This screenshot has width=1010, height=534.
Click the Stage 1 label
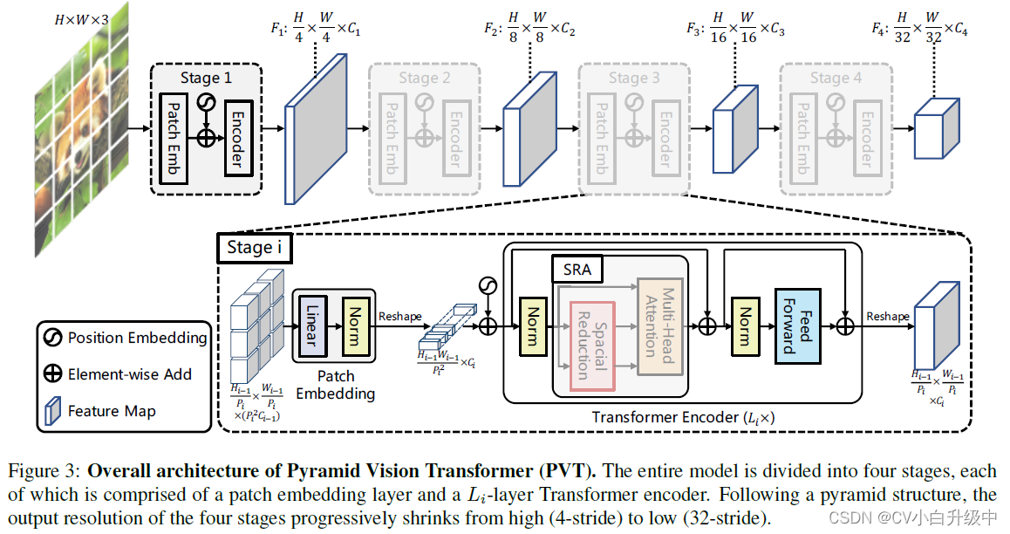(x=207, y=78)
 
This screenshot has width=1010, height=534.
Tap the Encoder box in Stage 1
(x=235, y=138)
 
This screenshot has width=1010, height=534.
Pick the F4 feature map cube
(x=935, y=127)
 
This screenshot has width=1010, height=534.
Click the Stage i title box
(x=254, y=247)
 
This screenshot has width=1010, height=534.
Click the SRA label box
(x=577, y=270)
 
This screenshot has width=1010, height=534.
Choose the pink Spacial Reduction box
(x=592, y=346)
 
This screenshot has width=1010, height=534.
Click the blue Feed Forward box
(x=799, y=326)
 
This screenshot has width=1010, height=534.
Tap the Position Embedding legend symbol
(x=53, y=338)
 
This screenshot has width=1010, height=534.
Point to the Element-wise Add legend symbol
(x=53, y=374)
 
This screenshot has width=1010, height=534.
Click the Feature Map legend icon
(x=53, y=411)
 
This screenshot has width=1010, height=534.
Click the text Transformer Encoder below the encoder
(x=659, y=417)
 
